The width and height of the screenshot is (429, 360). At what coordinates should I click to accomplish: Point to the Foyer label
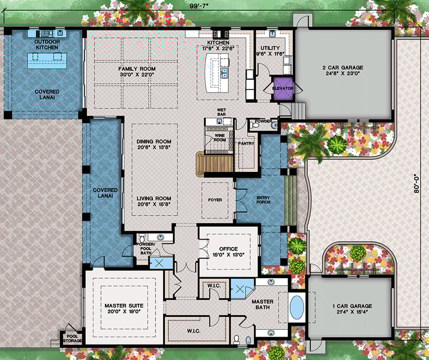[x=215, y=200]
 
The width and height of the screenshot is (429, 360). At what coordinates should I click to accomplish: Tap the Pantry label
[x=245, y=143]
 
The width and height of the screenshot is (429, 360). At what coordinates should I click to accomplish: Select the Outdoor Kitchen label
[x=47, y=44]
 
